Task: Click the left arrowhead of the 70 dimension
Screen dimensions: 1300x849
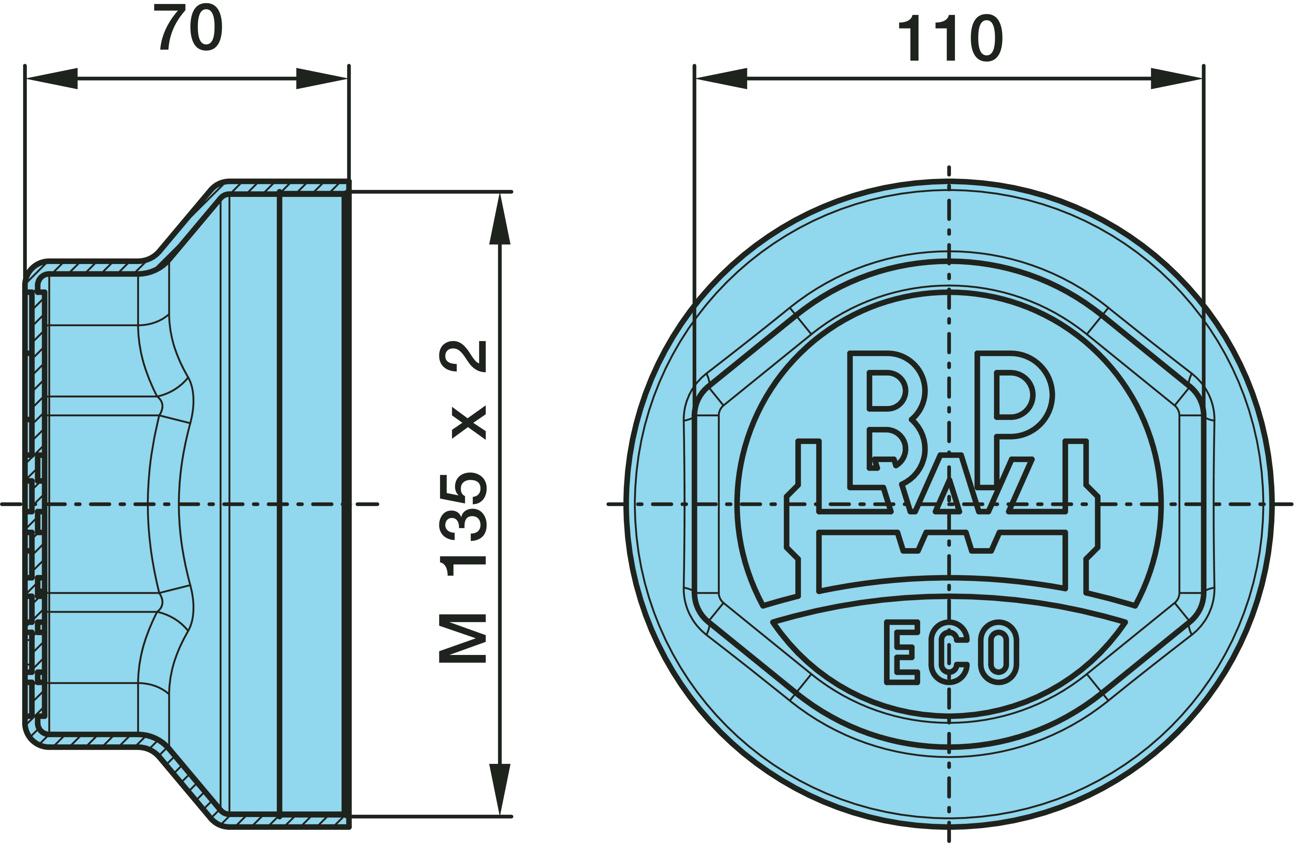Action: point(51,79)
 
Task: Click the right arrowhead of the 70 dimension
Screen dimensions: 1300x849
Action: point(322,79)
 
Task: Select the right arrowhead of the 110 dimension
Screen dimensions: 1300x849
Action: point(1177,79)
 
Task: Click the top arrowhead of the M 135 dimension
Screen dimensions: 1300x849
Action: point(500,219)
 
